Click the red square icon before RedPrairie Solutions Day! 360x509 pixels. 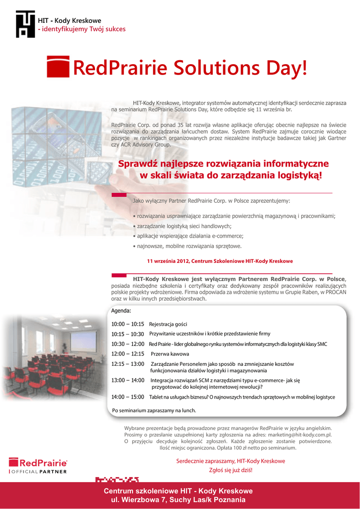click(x=58, y=67)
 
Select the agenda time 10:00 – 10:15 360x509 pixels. click(x=128, y=324)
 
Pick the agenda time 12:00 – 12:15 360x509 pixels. click(x=128, y=354)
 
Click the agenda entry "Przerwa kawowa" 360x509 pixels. click(x=170, y=354)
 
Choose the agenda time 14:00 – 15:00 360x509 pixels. click(x=128, y=397)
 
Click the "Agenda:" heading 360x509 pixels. click(x=121, y=311)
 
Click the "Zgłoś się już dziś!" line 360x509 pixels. click(x=231, y=470)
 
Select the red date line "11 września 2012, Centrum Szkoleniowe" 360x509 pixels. click(x=220, y=261)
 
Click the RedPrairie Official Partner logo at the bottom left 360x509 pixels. click(x=38, y=466)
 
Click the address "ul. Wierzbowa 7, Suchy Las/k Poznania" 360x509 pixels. click(x=178, y=500)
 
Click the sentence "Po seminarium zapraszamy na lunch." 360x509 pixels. click(x=154, y=411)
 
